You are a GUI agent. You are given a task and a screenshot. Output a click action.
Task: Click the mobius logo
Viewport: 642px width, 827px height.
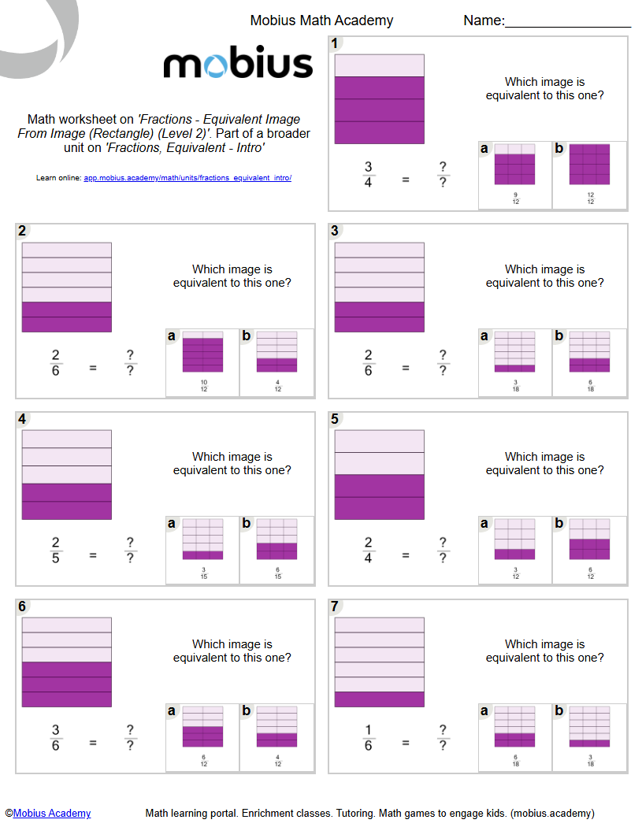pyautogui.click(x=238, y=64)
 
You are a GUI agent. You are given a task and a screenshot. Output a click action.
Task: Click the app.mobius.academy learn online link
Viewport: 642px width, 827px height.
pyautogui.click(x=187, y=178)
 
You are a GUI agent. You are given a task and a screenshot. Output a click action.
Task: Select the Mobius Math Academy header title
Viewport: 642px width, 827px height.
pyautogui.click(x=321, y=20)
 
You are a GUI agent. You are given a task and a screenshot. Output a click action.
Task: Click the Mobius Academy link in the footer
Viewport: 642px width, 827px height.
pyautogui.click(x=52, y=814)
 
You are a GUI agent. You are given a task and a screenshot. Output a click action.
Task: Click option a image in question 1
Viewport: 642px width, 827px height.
pyautogui.click(x=514, y=165)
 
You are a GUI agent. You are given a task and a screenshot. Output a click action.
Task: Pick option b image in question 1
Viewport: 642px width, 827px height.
pyautogui.click(x=589, y=165)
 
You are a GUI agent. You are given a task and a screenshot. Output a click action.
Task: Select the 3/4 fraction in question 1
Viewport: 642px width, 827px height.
pyautogui.click(x=368, y=174)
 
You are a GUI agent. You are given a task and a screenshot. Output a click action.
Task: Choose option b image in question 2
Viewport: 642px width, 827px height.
pyautogui.click(x=276, y=352)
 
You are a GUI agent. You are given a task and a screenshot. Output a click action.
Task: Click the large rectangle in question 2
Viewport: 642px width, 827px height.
pyautogui.click(x=67, y=287)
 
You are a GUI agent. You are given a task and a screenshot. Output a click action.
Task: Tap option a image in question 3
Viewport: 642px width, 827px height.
pyautogui.click(x=514, y=352)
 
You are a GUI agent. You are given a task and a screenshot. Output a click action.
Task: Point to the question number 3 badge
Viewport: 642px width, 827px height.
pyautogui.click(x=335, y=231)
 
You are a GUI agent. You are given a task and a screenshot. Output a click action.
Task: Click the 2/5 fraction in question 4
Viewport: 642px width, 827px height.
pyautogui.click(x=55, y=549)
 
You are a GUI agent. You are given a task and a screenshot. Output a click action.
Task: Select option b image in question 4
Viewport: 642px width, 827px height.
pyautogui.click(x=276, y=540)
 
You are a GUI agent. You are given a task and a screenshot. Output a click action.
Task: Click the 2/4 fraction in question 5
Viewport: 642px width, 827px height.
pyautogui.click(x=368, y=549)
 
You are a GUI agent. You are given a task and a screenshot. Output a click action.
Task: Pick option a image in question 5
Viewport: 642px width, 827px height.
pyautogui.click(x=514, y=540)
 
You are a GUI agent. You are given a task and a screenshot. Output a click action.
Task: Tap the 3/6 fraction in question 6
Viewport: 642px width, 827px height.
pyautogui.click(x=55, y=736)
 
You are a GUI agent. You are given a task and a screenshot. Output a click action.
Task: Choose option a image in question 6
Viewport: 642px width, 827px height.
pyautogui.click(x=202, y=727)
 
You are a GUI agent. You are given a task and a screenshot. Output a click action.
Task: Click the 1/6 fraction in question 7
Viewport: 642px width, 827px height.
pyautogui.click(x=368, y=736)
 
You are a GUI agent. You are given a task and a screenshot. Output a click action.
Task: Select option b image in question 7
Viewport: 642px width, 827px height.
pyautogui.click(x=589, y=727)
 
